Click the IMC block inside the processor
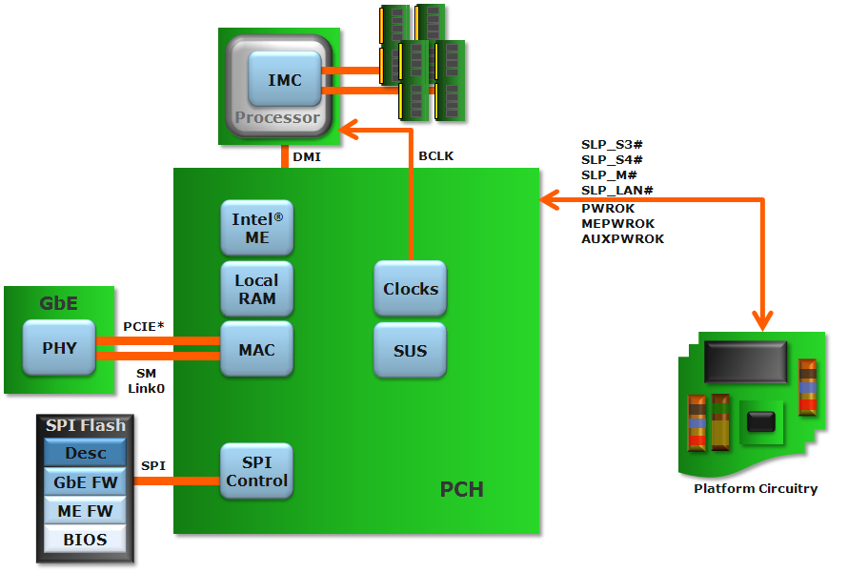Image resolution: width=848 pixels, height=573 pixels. coord(284,80)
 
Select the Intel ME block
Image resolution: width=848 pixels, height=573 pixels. coord(257,228)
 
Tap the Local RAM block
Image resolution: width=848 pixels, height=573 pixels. coord(257,289)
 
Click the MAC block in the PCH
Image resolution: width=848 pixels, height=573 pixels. coord(257,350)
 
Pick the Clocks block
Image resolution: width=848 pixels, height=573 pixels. coord(411,289)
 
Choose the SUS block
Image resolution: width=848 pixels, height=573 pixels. coord(411,350)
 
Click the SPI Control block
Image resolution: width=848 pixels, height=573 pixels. coord(257,471)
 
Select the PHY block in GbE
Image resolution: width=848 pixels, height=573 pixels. coord(59,348)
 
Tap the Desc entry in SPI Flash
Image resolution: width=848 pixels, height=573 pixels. coord(86,453)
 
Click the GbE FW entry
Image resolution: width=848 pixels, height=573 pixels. coord(86,482)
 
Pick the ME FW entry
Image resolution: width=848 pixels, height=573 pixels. coord(86,511)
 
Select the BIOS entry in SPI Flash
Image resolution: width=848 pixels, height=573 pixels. coord(86,540)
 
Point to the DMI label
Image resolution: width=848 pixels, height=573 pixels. coord(306,156)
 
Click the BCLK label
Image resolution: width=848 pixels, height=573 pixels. coord(436,156)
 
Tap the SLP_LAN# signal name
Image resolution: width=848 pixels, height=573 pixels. coord(616,191)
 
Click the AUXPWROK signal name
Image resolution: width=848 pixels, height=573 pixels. coord(622,239)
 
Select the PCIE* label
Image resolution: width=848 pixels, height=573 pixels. coord(144,326)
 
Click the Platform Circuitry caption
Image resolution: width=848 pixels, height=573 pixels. coord(756,489)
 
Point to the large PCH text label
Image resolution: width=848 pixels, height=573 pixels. coord(461,490)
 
